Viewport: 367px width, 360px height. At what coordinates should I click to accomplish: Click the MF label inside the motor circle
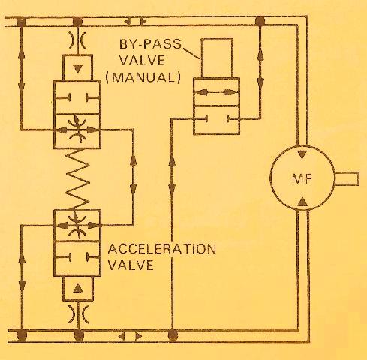(x=302, y=178)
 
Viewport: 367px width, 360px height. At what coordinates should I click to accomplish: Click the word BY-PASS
(x=150, y=44)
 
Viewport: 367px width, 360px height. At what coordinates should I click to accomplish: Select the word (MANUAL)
(x=143, y=77)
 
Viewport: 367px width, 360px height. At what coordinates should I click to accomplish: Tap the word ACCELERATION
(x=162, y=249)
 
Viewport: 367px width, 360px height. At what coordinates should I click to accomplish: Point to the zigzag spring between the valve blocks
(x=77, y=179)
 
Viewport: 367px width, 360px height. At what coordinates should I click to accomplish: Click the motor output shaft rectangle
(x=347, y=178)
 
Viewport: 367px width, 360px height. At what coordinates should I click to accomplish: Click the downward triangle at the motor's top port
(x=302, y=154)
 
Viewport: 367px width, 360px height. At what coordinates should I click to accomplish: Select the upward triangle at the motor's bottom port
(x=302, y=202)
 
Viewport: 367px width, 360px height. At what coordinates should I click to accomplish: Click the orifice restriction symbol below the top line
(x=77, y=40)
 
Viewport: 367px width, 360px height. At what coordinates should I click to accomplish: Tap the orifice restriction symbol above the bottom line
(x=79, y=314)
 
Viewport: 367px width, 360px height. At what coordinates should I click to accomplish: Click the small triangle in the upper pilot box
(x=78, y=68)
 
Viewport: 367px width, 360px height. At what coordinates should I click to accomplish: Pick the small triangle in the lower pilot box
(x=78, y=288)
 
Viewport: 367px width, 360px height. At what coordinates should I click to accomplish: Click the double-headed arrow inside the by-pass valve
(x=216, y=92)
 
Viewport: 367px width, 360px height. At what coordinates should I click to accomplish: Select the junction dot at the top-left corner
(x=21, y=22)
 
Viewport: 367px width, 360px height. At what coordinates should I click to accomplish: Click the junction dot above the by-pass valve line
(x=260, y=21)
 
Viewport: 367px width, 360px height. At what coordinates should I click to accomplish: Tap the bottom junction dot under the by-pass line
(x=172, y=335)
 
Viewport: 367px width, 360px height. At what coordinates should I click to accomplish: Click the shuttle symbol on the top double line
(x=135, y=22)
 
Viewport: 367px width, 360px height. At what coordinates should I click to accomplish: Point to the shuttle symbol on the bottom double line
(x=130, y=336)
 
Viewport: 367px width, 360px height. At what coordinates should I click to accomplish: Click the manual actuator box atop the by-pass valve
(x=217, y=58)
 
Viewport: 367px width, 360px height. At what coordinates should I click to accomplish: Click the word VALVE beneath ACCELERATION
(x=131, y=265)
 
